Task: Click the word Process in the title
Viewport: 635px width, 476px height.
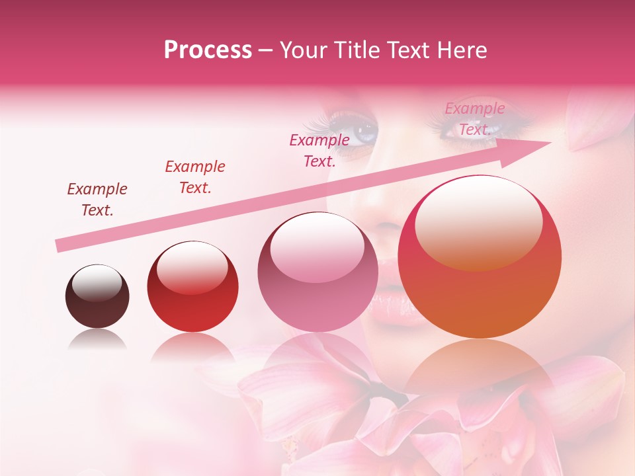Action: click(208, 50)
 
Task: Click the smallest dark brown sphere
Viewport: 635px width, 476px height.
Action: click(97, 296)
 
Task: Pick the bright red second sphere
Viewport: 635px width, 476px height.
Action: click(192, 286)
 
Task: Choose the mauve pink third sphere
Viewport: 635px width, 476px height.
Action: click(317, 272)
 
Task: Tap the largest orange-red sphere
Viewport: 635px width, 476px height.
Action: click(480, 257)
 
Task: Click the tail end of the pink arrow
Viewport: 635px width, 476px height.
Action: click(58, 246)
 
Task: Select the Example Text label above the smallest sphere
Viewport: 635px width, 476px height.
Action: click(97, 200)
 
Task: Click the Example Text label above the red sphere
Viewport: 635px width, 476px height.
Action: click(195, 177)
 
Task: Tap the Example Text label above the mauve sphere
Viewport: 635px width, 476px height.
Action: click(319, 150)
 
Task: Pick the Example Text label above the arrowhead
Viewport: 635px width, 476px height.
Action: click(474, 119)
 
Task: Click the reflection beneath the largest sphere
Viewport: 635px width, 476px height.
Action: click(480, 370)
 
